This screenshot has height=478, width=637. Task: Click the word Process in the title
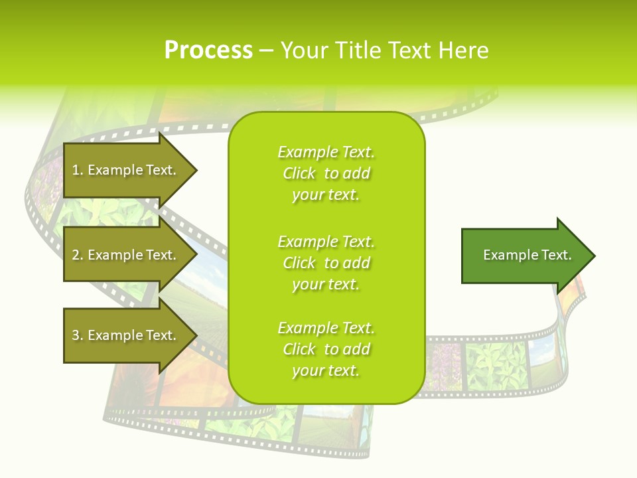point(208,50)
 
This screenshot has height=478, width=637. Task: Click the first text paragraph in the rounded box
point(326,173)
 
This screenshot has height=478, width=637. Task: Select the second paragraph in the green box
point(326,263)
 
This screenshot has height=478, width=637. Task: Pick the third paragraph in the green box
point(326,349)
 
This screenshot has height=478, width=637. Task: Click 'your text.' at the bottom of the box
point(326,371)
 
